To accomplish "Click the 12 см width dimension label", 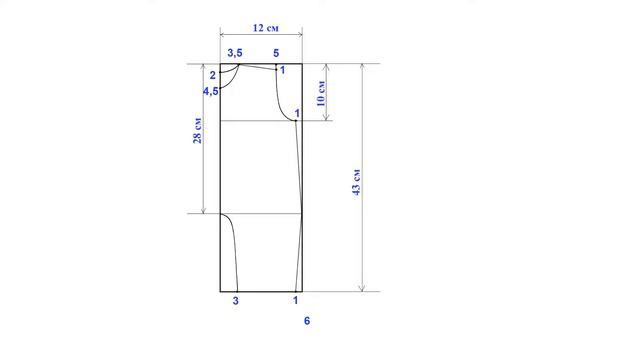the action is tap(266, 28).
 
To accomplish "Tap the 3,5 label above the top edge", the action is tap(235, 53).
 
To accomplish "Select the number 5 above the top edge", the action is tap(276, 53).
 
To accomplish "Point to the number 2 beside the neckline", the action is tap(212, 75).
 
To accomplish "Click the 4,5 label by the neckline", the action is tap(211, 91).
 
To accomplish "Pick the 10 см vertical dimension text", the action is tap(321, 93).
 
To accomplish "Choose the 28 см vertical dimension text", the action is tap(197, 131).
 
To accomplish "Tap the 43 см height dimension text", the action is tap(356, 182).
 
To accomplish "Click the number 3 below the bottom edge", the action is tap(236, 301).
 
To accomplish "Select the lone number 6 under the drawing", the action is tap(307, 321).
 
